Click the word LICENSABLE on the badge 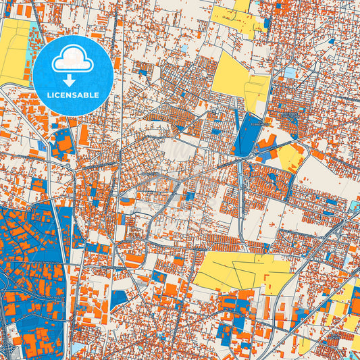coord(73,95)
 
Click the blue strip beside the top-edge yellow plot coord(267,23)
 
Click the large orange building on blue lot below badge coord(64,145)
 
